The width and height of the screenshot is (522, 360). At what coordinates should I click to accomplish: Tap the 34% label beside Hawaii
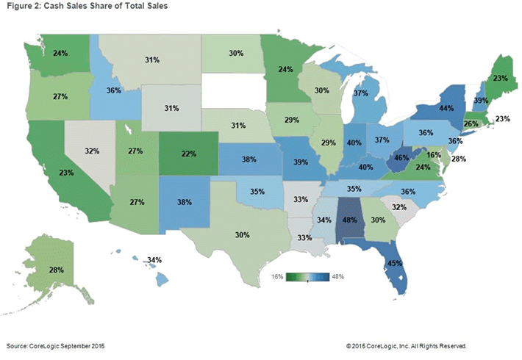point(154,260)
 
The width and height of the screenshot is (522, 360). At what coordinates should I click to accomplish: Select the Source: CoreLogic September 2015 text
point(55,345)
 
